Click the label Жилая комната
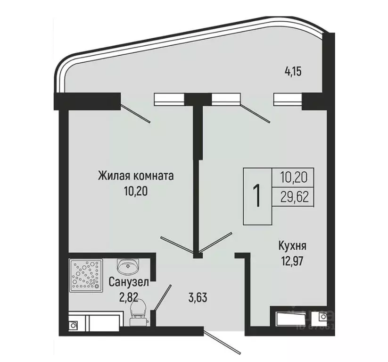pos(136,177)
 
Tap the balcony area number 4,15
pos(292,72)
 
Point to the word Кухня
pos(293,246)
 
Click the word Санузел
pos(129,283)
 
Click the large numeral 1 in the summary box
pos(257,196)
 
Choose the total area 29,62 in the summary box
pos(294,197)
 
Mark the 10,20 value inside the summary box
pos(294,177)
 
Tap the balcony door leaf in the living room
pos(135,113)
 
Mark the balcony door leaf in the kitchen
pos(254,113)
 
